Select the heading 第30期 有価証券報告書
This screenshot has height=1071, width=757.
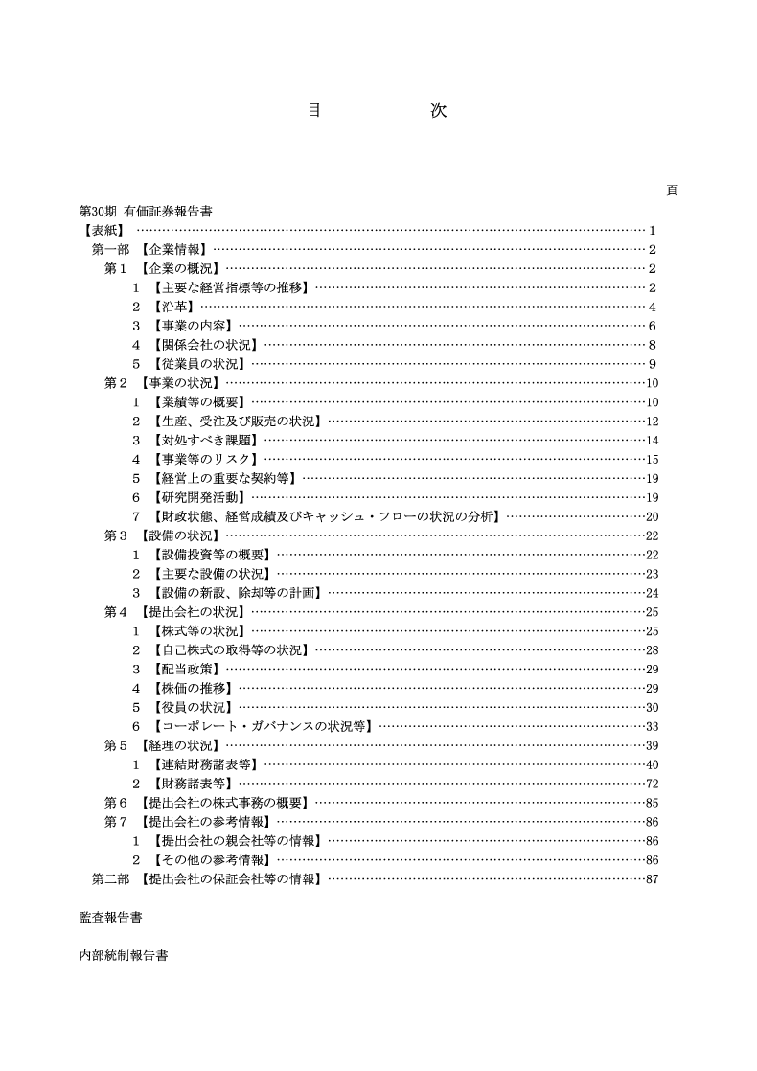(145, 211)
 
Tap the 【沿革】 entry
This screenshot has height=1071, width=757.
(173, 307)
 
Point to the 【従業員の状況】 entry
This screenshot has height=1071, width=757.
(198, 364)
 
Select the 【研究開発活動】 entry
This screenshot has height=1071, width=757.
(198, 498)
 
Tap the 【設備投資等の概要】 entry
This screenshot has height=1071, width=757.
(212, 555)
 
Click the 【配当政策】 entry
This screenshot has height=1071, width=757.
(186, 669)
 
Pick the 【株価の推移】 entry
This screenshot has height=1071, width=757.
(193, 688)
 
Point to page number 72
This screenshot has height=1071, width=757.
(652, 784)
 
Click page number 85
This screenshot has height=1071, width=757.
(652, 803)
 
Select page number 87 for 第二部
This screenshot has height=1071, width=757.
(652, 879)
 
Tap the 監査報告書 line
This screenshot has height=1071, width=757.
(110, 918)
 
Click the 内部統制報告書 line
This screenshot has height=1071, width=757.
(124, 956)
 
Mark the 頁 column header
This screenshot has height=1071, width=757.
(672, 190)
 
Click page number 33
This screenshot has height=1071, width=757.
(652, 726)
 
